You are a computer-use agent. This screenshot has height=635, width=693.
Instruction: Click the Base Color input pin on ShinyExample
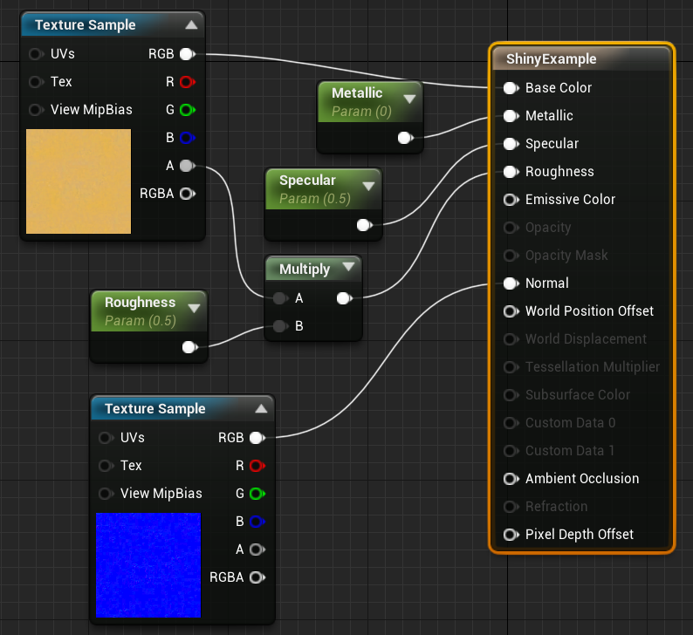(509, 88)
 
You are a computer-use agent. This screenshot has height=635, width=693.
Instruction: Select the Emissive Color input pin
(509, 200)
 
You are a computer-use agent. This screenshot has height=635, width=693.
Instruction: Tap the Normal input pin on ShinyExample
(509, 283)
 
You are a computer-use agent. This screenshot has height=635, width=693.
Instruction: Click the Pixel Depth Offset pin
(509, 535)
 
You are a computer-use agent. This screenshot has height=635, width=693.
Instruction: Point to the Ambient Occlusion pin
(509, 479)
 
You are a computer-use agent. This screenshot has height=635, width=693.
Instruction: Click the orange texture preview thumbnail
(79, 181)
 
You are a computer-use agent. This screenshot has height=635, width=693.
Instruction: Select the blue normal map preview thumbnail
(148, 564)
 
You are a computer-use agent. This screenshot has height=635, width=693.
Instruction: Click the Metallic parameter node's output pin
(404, 138)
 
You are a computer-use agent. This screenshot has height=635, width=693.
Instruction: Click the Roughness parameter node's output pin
(188, 347)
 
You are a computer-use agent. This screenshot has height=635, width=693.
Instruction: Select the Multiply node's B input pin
(279, 327)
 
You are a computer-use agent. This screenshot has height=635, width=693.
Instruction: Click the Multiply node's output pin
(343, 299)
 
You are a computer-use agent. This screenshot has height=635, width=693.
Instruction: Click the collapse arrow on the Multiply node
(348, 268)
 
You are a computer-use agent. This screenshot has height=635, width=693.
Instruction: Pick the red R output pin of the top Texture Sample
(186, 82)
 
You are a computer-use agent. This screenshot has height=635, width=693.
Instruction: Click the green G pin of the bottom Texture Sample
(256, 494)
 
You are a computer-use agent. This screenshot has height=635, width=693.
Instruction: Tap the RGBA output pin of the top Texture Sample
(186, 194)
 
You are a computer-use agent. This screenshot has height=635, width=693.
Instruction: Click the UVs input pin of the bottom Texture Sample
(106, 438)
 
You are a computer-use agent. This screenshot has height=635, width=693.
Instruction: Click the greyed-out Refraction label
(556, 507)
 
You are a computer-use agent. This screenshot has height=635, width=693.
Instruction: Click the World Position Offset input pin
(509, 311)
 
